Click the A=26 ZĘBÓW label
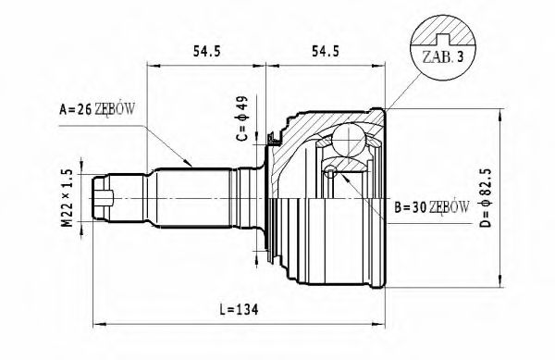97,109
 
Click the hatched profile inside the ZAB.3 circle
448,35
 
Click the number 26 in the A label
84,109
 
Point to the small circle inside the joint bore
332,171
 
